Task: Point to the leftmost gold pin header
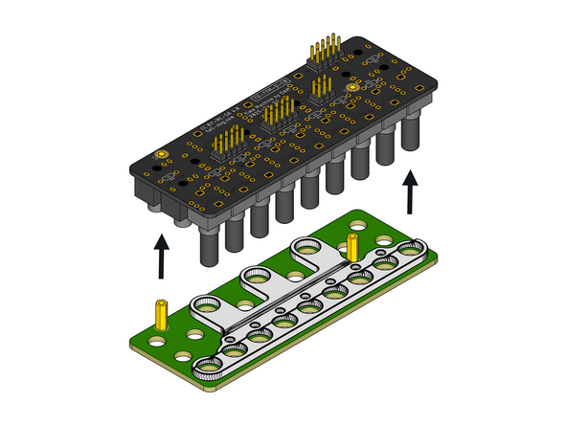(x=228, y=143)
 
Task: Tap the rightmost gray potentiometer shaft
(x=414, y=134)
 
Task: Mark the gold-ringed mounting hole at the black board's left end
(x=160, y=155)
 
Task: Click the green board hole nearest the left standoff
(x=193, y=335)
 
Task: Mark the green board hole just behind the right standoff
(x=355, y=231)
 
